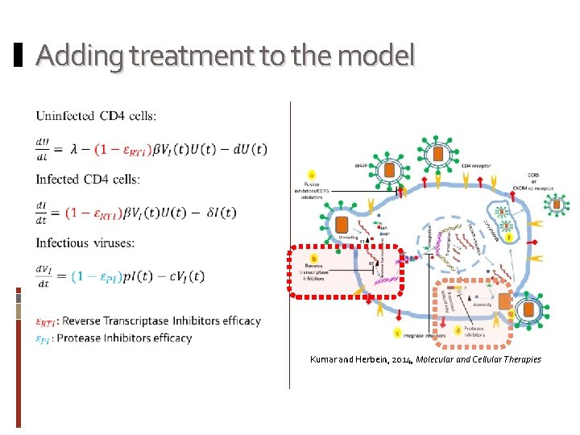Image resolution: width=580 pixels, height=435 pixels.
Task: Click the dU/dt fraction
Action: (43, 149)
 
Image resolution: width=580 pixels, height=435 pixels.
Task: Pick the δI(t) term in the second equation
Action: (219, 213)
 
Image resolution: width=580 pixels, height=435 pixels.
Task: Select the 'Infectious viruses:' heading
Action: (85, 243)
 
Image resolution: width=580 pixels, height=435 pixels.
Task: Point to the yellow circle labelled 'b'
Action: (313, 257)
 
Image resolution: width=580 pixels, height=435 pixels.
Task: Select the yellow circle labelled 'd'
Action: (458, 329)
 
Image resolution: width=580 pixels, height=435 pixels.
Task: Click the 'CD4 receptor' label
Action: (476, 166)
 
